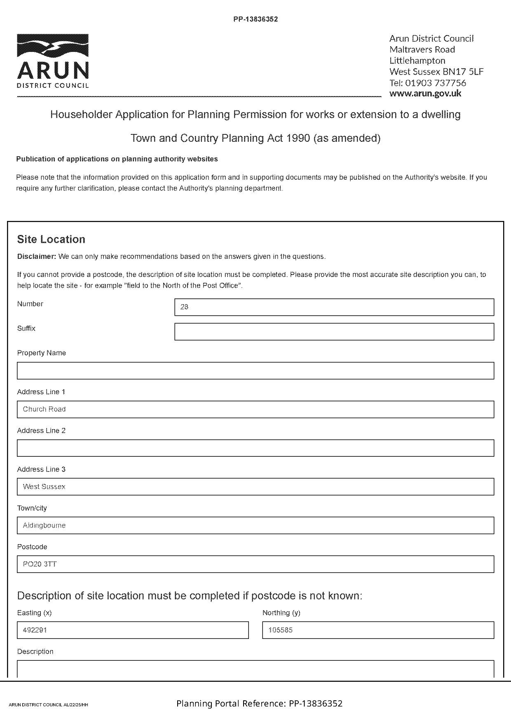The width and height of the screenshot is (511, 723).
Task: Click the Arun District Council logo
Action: tap(53, 61)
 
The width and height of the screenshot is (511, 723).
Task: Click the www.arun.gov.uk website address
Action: tap(425, 93)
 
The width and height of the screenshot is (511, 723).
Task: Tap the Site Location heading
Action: tap(51, 239)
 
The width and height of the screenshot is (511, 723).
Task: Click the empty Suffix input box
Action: tap(334, 332)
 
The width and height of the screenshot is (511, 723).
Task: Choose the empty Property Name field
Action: tap(255, 371)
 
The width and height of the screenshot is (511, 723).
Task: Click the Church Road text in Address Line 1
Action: tap(44, 409)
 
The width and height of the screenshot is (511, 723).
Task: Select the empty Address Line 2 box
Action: tap(255, 448)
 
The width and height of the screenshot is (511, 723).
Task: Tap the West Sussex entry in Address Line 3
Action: tap(44, 487)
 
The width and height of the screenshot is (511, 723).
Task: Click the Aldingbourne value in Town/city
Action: tap(44, 526)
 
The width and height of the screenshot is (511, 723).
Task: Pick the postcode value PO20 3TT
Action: tap(40, 564)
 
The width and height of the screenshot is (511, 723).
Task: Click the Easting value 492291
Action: tap(35, 630)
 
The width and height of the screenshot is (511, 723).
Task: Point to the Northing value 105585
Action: tap(280, 630)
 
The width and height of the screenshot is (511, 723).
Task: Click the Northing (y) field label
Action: tap(281, 613)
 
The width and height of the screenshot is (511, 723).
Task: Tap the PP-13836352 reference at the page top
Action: tap(255, 19)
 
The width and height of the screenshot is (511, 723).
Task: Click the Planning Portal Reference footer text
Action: tap(259, 704)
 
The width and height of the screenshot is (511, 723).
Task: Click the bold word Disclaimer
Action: tap(36, 257)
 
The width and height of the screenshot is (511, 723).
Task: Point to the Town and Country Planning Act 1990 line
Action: tap(255, 138)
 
